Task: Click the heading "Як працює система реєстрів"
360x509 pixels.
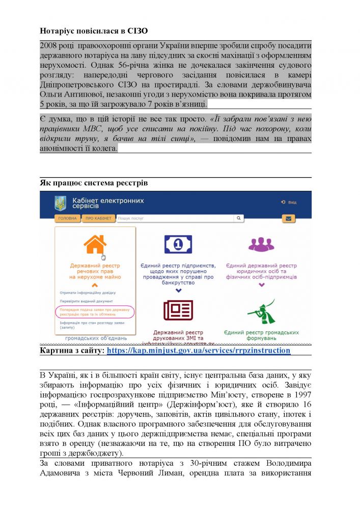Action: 94,183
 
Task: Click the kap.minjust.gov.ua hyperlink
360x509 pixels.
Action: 199,351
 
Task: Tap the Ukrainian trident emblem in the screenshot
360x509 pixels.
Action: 61,203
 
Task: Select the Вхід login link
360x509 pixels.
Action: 289,202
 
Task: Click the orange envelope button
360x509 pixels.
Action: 289,219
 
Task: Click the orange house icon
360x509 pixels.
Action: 95,244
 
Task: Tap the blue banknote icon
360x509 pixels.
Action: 178,245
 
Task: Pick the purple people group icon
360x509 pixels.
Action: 261,245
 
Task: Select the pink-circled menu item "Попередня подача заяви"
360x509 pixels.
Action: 95,312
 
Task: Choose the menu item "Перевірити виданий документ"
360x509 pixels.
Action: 83,301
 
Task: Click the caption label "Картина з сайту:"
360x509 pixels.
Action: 72,351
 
